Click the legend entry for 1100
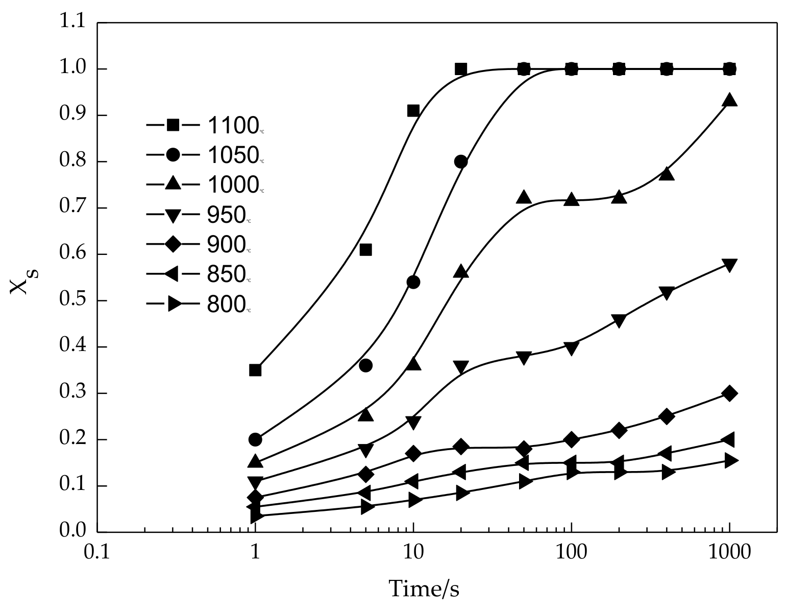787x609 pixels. (204, 125)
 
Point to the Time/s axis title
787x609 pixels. (424, 589)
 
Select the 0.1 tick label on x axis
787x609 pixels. (97, 553)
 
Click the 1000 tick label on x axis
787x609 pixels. (729, 553)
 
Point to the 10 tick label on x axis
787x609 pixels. (413, 553)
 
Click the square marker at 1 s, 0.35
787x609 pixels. (255, 370)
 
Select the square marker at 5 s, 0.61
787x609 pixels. (365, 250)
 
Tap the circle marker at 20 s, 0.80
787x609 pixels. (461, 162)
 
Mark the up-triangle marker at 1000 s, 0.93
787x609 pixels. (730, 100)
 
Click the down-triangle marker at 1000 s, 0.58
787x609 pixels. (730, 265)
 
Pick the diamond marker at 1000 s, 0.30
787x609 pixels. (730, 393)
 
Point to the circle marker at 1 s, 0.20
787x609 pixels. (255, 439)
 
